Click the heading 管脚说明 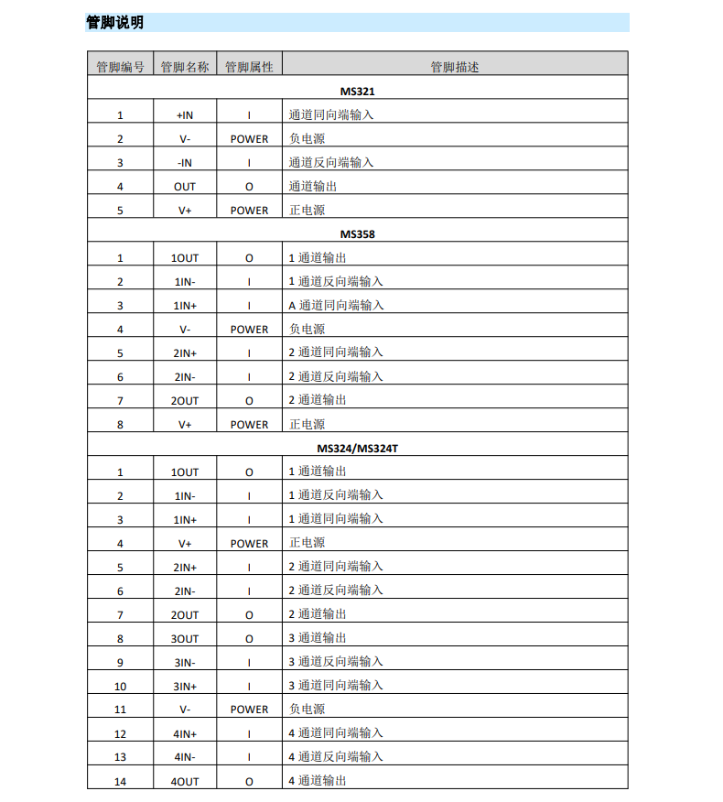click(x=114, y=23)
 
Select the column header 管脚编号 click(x=120, y=67)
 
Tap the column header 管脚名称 click(x=185, y=67)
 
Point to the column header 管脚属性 click(x=249, y=67)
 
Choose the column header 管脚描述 click(x=455, y=67)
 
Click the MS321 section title click(x=358, y=92)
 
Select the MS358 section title click(x=358, y=234)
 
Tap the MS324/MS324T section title click(x=358, y=449)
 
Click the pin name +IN click(x=185, y=115)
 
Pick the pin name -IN click(x=185, y=163)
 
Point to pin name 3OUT click(x=185, y=639)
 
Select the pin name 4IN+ click(x=185, y=734)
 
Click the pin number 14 click(x=120, y=782)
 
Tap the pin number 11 click(x=120, y=710)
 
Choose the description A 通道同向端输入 click(x=336, y=306)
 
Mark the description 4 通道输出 click(x=318, y=782)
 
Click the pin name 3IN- click(x=185, y=663)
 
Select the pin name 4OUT click(x=185, y=782)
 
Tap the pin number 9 click(x=120, y=663)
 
